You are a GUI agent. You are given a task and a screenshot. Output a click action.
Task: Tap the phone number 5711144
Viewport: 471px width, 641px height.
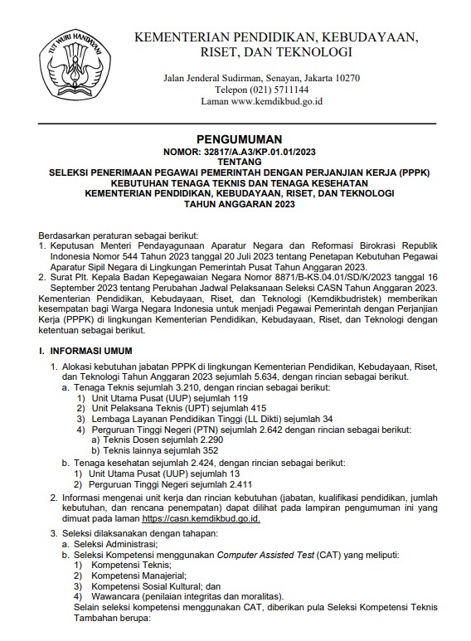click(288, 90)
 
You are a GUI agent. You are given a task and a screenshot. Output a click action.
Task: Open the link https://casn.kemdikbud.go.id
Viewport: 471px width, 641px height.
click(201, 518)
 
